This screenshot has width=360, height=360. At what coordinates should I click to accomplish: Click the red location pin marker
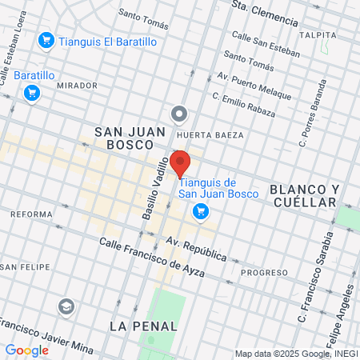coord(180,162)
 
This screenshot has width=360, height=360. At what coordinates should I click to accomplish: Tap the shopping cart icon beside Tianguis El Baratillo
coord(46,40)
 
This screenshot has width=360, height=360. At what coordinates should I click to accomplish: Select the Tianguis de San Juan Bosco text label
coord(218,188)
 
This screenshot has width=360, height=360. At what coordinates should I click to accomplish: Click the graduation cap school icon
coord(66,306)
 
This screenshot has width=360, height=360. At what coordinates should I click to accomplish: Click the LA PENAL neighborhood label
coord(140,326)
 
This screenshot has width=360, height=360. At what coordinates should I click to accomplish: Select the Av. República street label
coord(196,249)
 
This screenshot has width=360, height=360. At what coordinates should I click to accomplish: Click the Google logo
coord(26,350)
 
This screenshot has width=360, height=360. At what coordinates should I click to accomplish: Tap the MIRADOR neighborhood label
coord(77,85)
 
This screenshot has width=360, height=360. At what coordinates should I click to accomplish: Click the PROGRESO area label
coord(264,272)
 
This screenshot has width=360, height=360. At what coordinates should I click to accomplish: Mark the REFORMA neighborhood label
coord(30,214)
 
